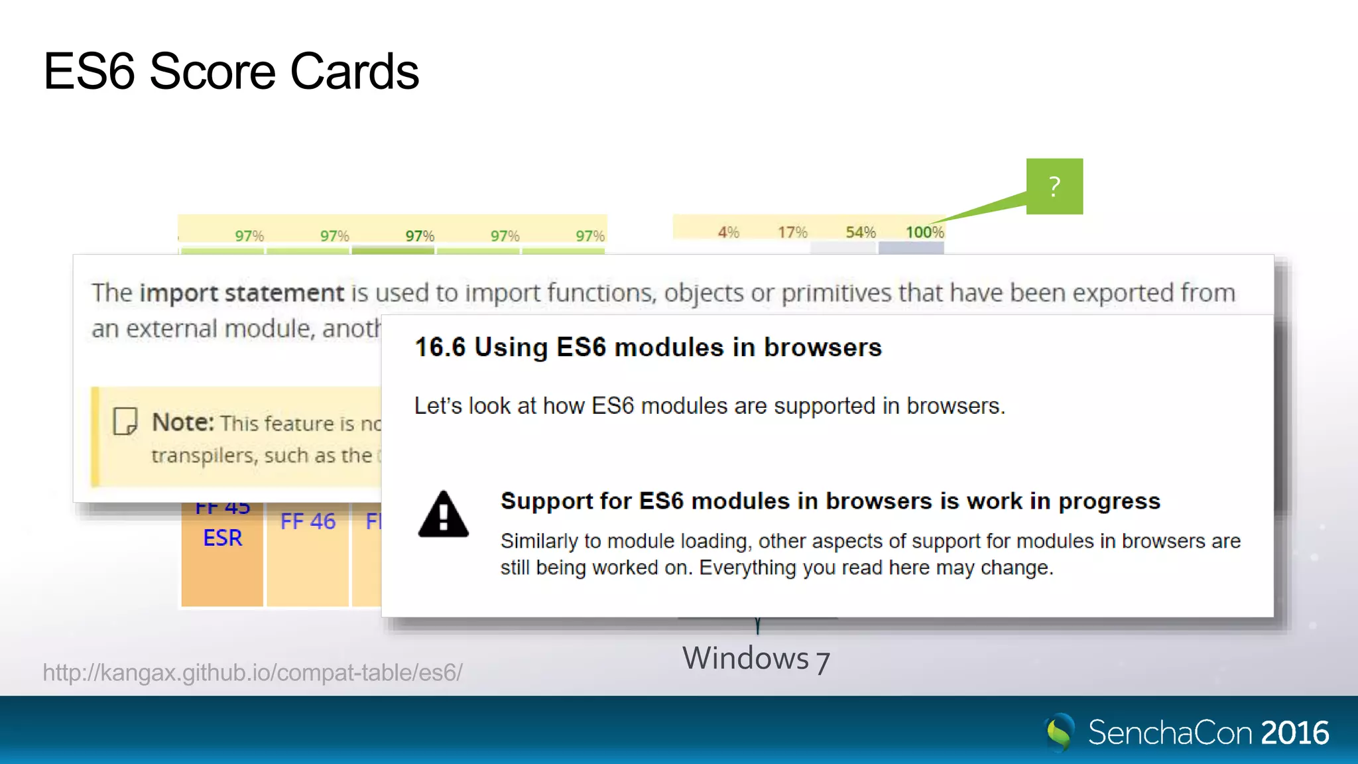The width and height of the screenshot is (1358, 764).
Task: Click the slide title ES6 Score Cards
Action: pyautogui.click(x=231, y=72)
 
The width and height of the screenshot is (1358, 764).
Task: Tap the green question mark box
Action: pyautogui.click(x=1054, y=186)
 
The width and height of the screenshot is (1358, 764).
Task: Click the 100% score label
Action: pyautogui.click(x=924, y=232)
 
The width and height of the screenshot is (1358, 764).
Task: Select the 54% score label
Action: pyautogui.click(x=861, y=232)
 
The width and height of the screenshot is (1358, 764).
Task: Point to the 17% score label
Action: pyautogui.click(x=792, y=232)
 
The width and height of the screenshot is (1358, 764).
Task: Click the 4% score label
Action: pyautogui.click(x=728, y=232)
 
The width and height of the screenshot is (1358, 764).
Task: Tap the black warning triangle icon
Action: pyautogui.click(x=444, y=514)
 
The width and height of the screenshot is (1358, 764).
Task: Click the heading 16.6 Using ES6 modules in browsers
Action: pyautogui.click(x=648, y=348)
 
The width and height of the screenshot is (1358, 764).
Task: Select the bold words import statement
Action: pyautogui.click(x=241, y=292)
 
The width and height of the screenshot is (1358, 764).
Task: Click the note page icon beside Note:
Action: pyautogui.click(x=125, y=421)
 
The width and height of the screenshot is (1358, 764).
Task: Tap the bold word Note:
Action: pyautogui.click(x=183, y=422)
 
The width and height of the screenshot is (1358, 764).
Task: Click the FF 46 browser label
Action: pyautogui.click(x=308, y=521)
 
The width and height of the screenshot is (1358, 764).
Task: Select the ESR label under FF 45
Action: pyautogui.click(x=223, y=538)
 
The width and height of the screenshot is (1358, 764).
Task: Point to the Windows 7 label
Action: pyautogui.click(x=756, y=659)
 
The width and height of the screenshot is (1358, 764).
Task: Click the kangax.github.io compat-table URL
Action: pyautogui.click(x=252, y=672)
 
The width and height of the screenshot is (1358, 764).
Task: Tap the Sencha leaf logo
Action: pyautogui.click(x=1060, y=732)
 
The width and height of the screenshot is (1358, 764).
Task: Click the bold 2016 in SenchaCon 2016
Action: pyautogui.click(x=1294, y=733)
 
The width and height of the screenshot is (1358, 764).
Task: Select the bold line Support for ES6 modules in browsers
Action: pyautogui.click(x=830, y=501)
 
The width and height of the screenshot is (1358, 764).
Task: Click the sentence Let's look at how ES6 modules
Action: pyautogui.click(x=710, y=405)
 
